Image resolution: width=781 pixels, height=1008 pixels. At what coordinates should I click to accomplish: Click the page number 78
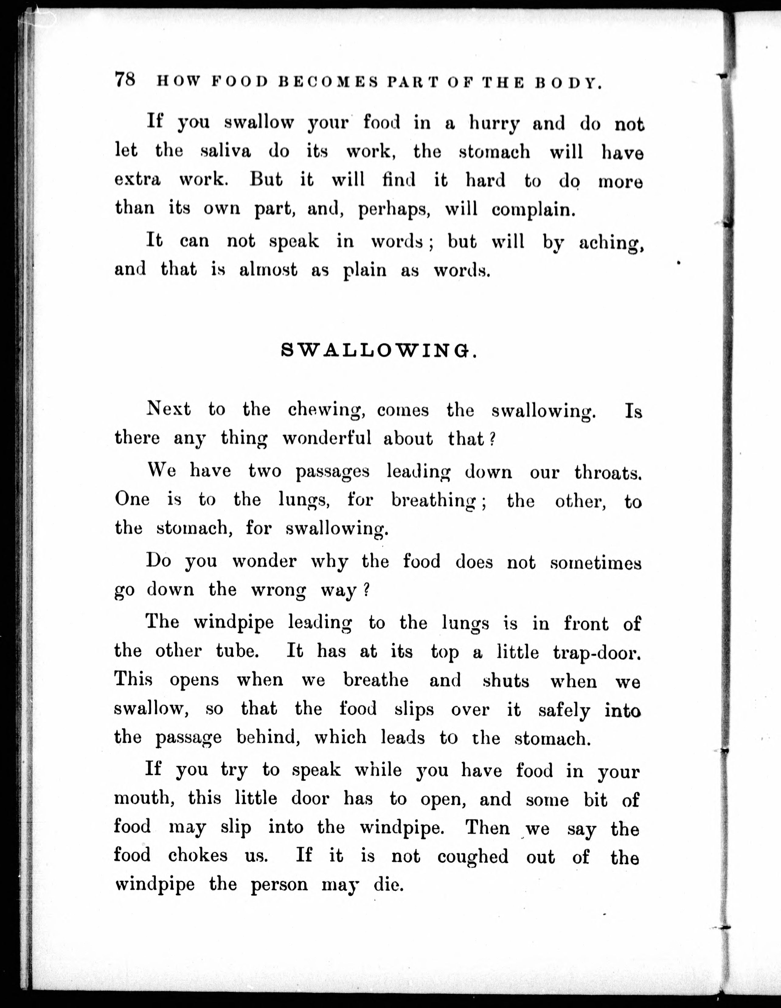click(x=125, y=79)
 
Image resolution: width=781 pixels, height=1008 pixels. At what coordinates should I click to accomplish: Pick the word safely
click(x=564, y=709)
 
